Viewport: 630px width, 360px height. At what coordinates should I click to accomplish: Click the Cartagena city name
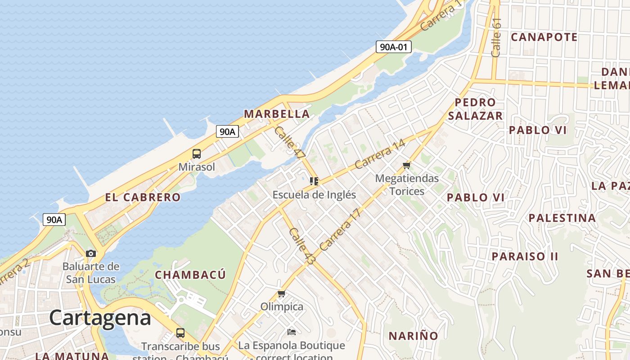pyautogui.click(x=100, y=318)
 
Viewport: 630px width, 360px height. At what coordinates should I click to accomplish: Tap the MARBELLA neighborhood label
pyautogui.click(x=276, y=114)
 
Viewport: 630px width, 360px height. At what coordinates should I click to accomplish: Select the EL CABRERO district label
pyautogui.click(x=143, y=197)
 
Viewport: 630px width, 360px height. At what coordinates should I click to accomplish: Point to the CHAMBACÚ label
pyautogui.click(x=190, y=274)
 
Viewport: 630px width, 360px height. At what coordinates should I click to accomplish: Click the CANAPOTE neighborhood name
pyautogui.click(x=544, y=37)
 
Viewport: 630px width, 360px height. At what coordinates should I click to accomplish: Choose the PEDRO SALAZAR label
pyautogui.click(x=475, y=109)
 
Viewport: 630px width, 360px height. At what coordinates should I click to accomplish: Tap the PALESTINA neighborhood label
pyautogui.click(x=562, y=218)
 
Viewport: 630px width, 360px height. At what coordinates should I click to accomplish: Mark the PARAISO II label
pyautogui.click(x=525, y=256)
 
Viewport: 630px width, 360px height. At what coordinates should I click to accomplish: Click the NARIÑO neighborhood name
pyautogui.click(x=413, y=336)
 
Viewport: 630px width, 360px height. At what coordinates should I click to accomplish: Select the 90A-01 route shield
pyautogui.click(x=394, y=46)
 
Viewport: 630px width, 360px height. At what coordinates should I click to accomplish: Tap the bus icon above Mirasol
pyautogui.click(x=197, y=154)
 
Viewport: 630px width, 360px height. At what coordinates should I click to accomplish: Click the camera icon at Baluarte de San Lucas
pyautogui.click(x=91, y=253)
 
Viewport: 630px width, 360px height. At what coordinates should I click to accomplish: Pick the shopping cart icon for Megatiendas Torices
pyautogui.click(x=407, y=166)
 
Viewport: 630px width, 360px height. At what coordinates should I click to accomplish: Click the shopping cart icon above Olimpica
pyautogui.click(x=282, y=294)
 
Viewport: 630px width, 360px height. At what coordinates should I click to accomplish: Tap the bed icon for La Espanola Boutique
pyautogui.click(x=292, y=332)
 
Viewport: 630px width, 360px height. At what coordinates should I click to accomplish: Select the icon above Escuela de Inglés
pyautogui.click(x=314, y=181)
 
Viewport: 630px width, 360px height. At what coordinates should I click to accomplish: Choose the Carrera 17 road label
pyautogui.click(x=341, y=229)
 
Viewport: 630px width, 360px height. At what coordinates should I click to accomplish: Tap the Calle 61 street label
pyautogui.click(x=496, y=37)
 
